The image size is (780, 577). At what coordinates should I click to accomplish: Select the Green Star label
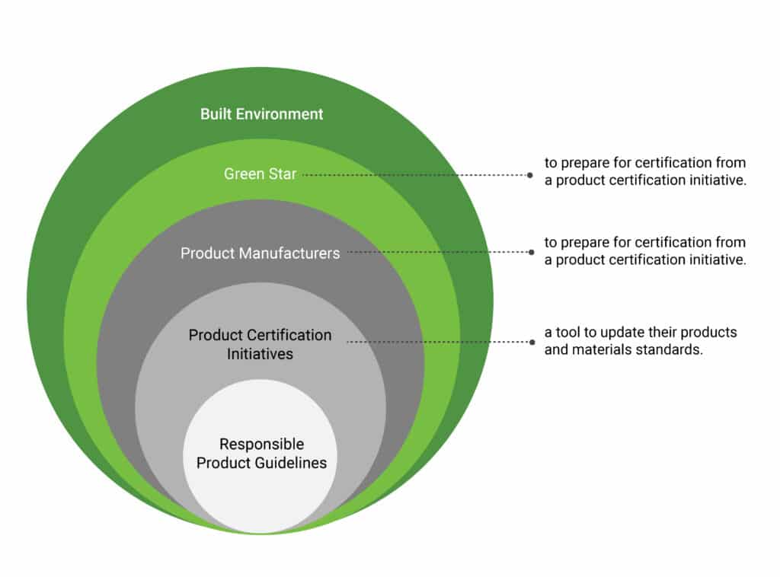(x=260, y=174)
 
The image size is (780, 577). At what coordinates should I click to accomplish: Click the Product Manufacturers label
(x=260, y=253)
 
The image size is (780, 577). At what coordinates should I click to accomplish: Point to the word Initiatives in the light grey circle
(x=260, y=354)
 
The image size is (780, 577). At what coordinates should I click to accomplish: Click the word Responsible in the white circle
(x=261, y=444)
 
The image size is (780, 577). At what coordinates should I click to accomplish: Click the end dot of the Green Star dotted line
(x=530, y=174)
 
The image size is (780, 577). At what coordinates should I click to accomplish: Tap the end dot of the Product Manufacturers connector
(x=530, y=252)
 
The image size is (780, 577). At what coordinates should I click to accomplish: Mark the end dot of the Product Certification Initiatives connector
(x=530, y=342)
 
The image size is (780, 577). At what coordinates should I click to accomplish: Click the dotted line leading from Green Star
(x=415, y=174)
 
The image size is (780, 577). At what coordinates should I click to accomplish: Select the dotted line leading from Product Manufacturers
(x=438, y=252)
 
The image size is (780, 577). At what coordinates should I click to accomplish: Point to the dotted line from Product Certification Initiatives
(x=438, y=342)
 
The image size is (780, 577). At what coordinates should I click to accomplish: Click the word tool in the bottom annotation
(x=567, y=333)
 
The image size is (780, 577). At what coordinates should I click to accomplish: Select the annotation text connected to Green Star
(x=644, y=172)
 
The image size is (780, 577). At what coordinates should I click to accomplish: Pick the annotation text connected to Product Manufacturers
(x=644, y=251)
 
